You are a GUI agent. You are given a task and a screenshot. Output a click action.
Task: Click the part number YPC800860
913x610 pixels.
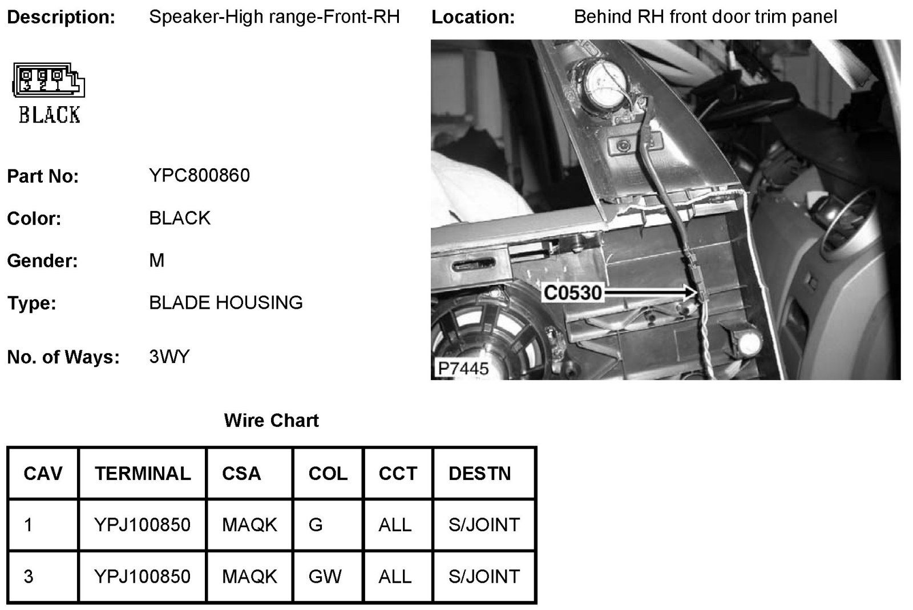coord(199,175)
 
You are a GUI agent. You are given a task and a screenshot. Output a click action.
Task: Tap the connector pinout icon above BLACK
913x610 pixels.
coord(49,80)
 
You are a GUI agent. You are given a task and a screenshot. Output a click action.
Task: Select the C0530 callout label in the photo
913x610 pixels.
coord(572,293)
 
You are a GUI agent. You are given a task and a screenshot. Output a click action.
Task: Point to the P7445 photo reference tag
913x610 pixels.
coord(463,368)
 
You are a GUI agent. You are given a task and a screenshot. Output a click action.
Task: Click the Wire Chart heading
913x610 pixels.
coord(271,421)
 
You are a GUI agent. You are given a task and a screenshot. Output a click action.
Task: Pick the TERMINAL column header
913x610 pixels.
coord(143,473)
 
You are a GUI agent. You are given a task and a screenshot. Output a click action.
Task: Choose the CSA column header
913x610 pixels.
coord(241,473)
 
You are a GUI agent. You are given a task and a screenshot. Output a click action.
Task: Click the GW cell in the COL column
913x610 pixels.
coord(325,576)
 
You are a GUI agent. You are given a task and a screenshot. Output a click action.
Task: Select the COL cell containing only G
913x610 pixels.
coord(316,524)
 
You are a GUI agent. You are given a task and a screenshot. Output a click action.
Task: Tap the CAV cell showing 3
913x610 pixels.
coord(29,576)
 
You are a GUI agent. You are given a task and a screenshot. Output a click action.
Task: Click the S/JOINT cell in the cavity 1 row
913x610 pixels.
coord(484,524)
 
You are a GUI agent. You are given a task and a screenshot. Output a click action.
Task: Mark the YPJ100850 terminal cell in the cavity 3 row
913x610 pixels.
coord(143,576)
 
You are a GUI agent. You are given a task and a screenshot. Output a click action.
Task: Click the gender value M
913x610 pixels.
coord(157,260)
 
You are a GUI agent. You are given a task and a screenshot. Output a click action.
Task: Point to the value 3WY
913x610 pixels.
coord(169,357)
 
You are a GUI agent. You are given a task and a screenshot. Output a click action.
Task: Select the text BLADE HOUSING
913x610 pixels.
coord(225,302)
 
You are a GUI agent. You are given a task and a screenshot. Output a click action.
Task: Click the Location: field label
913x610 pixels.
coord(473,17)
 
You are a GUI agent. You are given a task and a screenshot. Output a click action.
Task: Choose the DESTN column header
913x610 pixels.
coord(479,473)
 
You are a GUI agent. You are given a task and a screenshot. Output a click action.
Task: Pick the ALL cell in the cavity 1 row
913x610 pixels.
coord(395,524)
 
